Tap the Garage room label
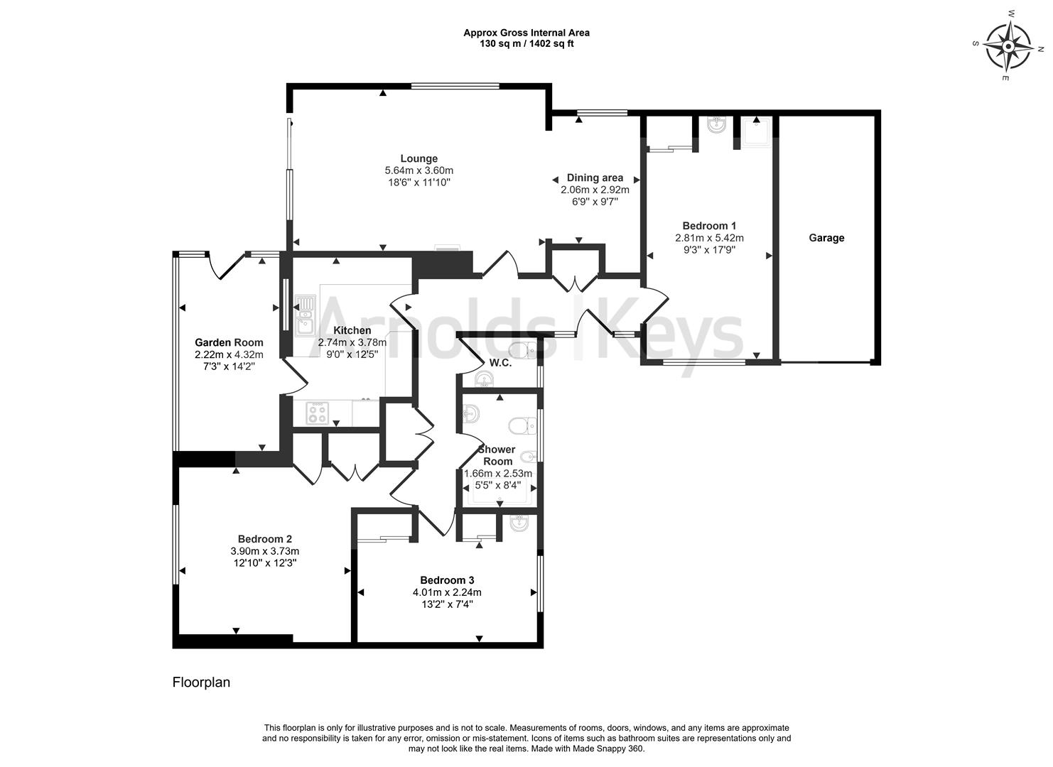(x=826, y=238)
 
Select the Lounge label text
(x=418, y=158)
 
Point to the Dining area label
(x=595, y=178)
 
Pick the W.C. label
(x=500, y=363)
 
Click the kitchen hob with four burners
(x=317, y=413)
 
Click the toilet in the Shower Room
(x=522, y=425)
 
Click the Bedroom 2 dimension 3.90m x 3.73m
(x=264, y=551)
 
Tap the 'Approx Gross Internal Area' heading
(x=526, y=33)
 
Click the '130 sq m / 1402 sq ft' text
(x=526, y=44)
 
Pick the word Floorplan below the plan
(x=201, y=682)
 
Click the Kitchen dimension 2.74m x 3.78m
(x=352, y=342)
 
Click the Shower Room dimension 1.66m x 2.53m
(x=497, y=474)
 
